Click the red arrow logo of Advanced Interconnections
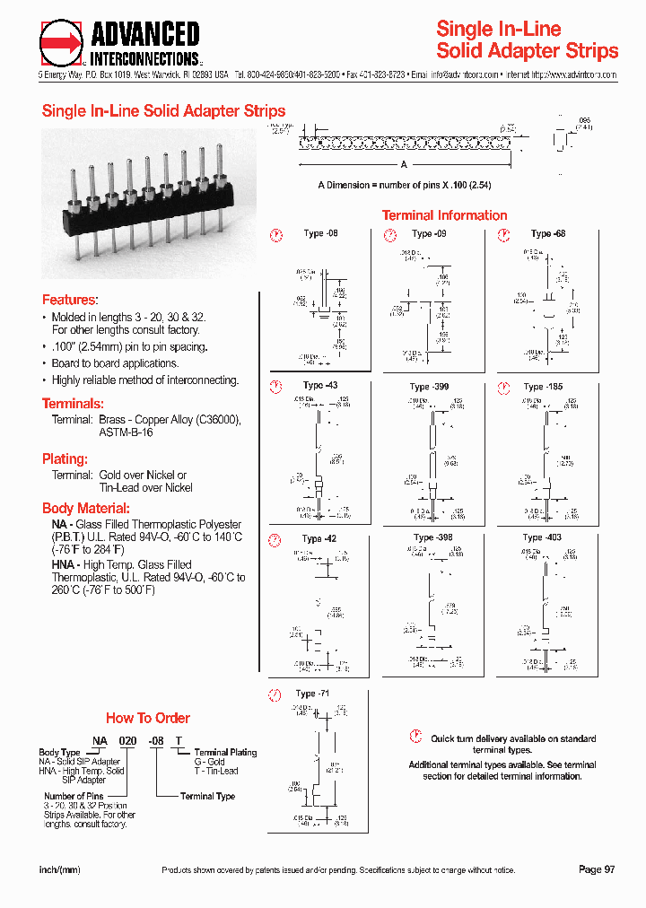pos(62,43)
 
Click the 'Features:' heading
pos(70,300)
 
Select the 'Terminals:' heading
pos(73,404)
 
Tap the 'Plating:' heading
pos(65,458)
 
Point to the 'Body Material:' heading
pos(86,508)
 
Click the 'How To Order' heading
pos(148,718)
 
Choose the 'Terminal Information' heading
pos(445,215)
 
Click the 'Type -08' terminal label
pos(320,233)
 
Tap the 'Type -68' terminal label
pos(548,233)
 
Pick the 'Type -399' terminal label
pos(429,387)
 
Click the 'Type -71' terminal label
pos(313,694)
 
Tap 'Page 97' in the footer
pos(597,870)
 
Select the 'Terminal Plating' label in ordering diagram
pos(225,752)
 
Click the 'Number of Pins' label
pos(74,796)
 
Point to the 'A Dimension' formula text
pos(405,185)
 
